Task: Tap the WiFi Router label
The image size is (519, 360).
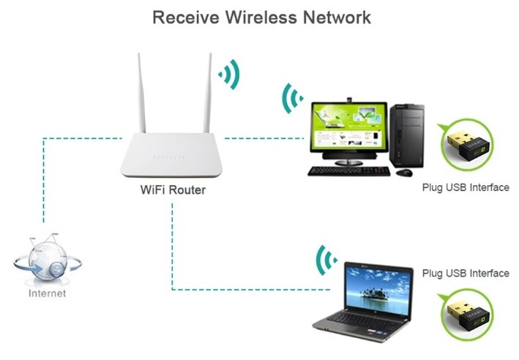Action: tap(173, 190)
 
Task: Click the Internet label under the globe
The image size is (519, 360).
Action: tap(47, 293)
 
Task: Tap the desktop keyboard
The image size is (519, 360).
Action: tap(348, 170)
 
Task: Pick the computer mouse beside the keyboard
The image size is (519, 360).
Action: tap(404, 172)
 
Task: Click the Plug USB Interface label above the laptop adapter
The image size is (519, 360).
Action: tap(465, 273)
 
